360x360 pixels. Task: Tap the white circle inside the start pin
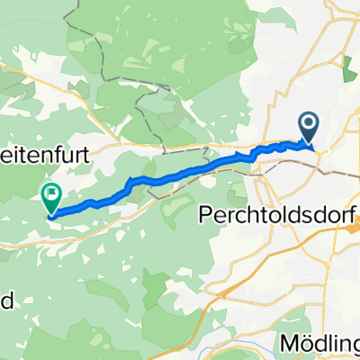point(308,124)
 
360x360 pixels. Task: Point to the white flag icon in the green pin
point(51,191)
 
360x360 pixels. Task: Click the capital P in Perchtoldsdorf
point(202,217)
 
